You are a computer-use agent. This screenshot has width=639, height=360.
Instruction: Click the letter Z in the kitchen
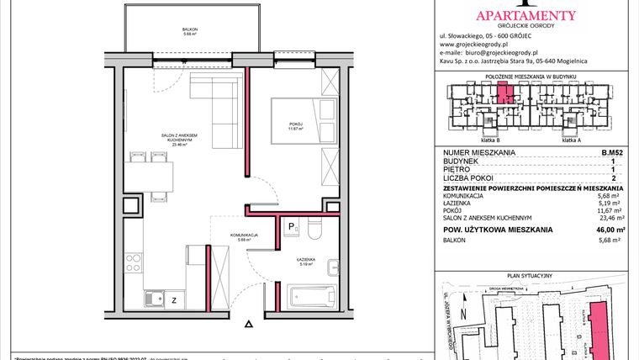(173, 299)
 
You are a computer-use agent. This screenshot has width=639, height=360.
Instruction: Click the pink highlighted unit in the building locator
(503, 93)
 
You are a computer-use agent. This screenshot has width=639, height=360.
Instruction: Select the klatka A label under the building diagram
(572, 140)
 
